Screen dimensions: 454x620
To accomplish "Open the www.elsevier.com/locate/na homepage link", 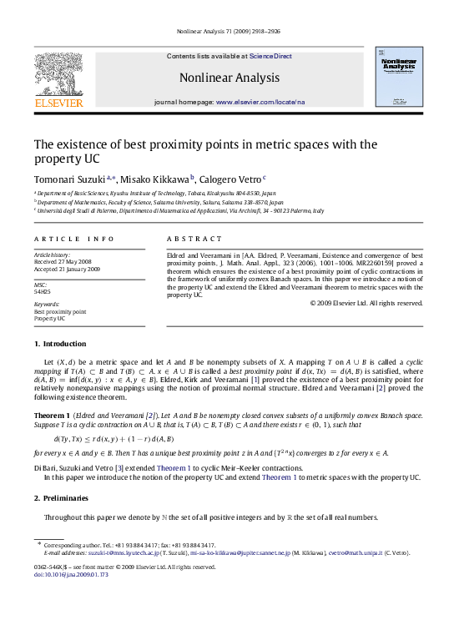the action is [260, 100].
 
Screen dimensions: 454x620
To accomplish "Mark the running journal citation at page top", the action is [227, 31].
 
